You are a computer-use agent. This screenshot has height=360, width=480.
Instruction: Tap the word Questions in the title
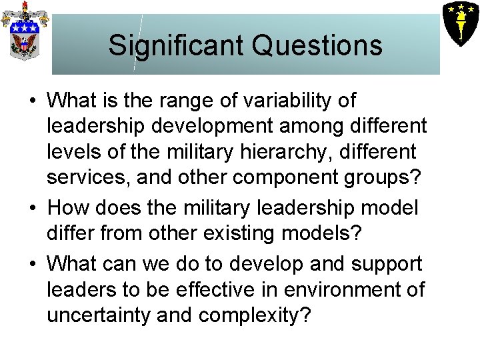[x=317, y=45]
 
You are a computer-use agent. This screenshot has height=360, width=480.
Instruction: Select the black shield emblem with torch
[x=460, y=21]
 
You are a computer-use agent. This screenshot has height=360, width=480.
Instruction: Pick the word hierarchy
[x=271, y=152]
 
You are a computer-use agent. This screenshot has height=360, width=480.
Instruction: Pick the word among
[x=294, y=126]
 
